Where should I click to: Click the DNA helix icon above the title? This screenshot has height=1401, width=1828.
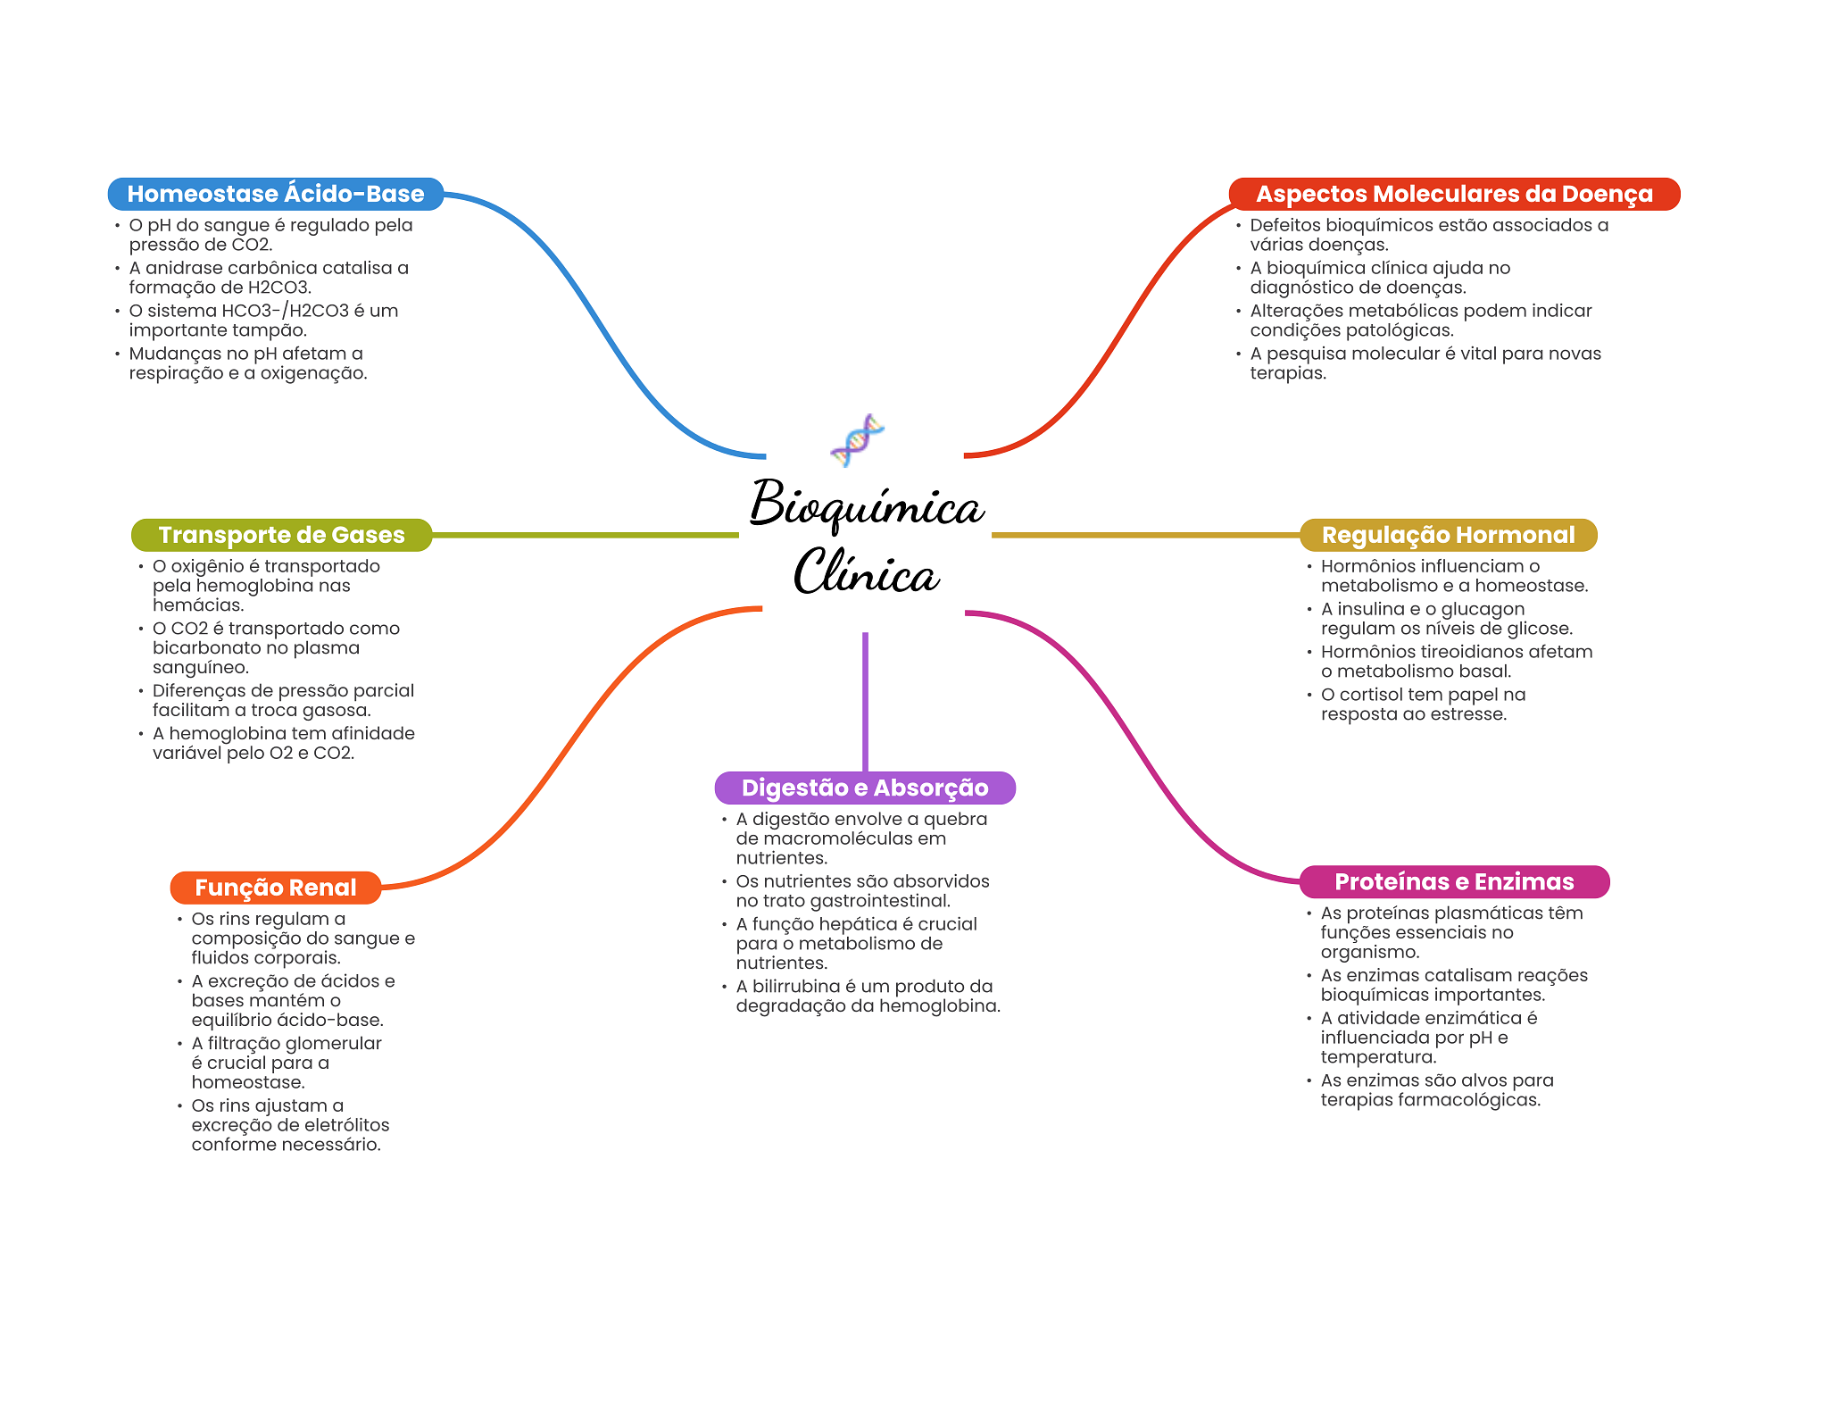857,440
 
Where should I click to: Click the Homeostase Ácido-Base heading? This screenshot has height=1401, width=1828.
276,194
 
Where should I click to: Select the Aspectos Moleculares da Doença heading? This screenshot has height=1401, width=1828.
1454,194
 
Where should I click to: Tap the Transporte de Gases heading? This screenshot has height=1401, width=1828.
281,535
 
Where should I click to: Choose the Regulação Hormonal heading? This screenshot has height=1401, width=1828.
1448,535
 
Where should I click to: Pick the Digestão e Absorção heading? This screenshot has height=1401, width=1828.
865,788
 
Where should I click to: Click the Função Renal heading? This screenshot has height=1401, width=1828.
276,888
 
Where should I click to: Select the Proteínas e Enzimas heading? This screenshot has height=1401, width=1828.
1454,881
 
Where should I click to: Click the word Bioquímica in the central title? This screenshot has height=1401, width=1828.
866,505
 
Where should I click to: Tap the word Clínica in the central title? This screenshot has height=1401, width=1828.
866,571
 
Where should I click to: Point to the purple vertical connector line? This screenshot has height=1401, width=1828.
865,702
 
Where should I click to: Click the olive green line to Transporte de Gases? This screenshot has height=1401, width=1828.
586,535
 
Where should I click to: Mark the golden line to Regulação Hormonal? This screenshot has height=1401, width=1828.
1146,535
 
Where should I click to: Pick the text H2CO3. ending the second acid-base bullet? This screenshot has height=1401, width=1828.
279,288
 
